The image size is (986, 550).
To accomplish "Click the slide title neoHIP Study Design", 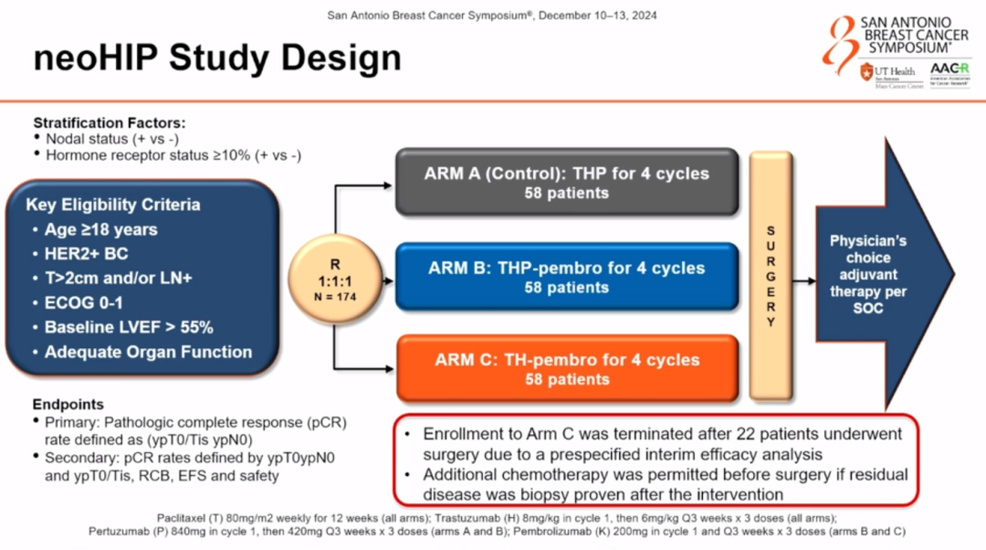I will [217, 58].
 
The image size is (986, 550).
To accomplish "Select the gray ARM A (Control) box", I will [566, 183].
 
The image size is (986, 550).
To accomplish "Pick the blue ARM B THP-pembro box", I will [566, 277].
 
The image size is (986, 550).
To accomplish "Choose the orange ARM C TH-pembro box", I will [566, 369].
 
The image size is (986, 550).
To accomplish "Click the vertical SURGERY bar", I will [771, 275].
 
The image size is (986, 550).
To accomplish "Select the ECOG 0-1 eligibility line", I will [83, 302].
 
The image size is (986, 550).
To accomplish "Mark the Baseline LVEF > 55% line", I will [129, 327].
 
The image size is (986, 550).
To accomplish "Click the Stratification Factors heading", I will [110, 122].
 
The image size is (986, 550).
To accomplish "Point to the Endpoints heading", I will [68, 405].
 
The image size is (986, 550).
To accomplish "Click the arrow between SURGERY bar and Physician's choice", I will [803, 281].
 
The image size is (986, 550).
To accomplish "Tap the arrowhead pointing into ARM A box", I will [390, 185].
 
